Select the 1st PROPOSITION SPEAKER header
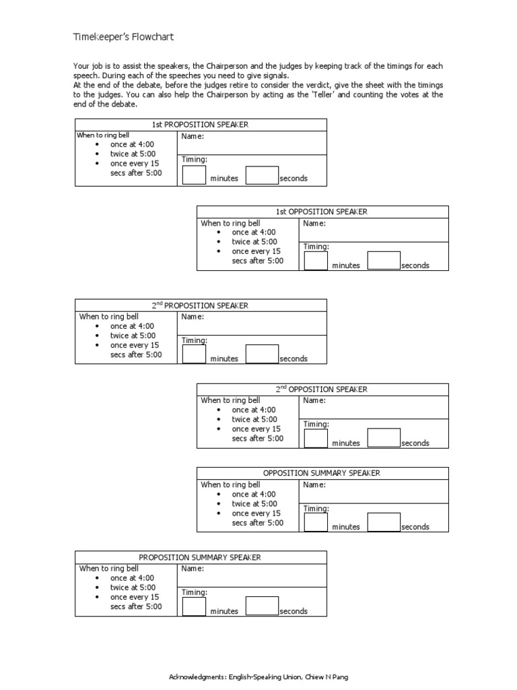point(201,125)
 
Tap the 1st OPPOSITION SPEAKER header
point(322,212)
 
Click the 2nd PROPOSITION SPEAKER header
point(200,305)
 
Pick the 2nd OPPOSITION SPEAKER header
point(322,389)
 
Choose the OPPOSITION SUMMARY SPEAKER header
point(322,473)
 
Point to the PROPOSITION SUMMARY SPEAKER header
point(200,557)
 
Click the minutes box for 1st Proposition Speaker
point(195,175)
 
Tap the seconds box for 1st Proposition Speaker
point(262,175)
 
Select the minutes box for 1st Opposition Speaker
point(316,261)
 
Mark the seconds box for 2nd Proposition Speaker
point(262,354)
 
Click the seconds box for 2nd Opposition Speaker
point(384,438)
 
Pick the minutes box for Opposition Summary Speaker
point(316,522)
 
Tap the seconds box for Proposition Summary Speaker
point(262,606)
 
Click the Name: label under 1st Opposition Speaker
point(314,223)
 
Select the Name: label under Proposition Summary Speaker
point(193,569)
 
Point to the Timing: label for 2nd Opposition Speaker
point(316,425)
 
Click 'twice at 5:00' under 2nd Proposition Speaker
point(133,336)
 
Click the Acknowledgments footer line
point(258,677)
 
